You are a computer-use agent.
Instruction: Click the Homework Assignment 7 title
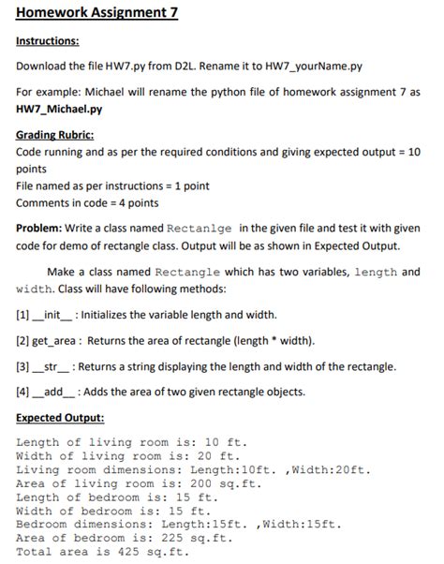84,13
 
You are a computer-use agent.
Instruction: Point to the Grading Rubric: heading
55,135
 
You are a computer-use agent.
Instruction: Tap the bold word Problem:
44,229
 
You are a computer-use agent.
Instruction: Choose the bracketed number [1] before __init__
23,314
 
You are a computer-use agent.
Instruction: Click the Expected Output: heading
60,419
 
